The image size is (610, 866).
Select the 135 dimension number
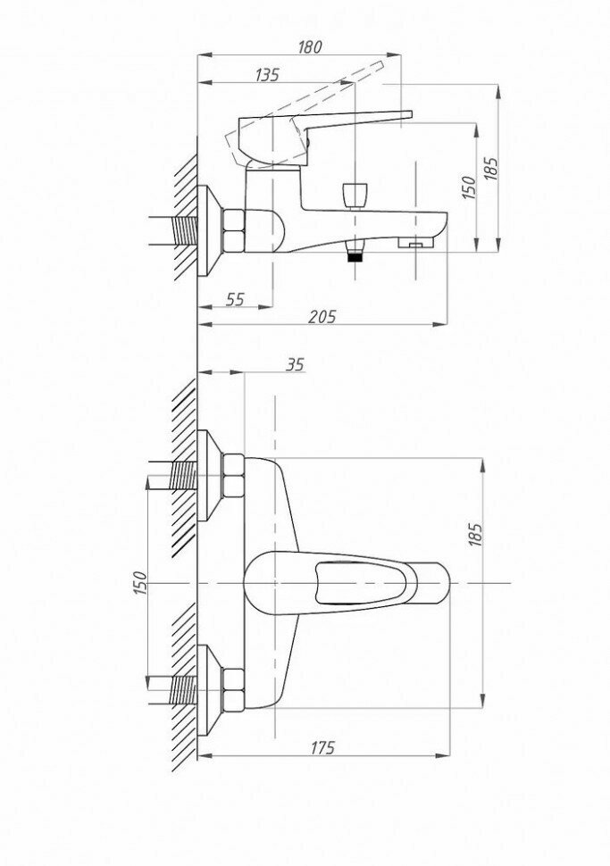pyautogui.click(x=266, y=75)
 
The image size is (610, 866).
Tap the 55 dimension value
pyautogui.click(x=235, y=300)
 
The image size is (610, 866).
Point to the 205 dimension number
pyautogui.click(x=322, y=317)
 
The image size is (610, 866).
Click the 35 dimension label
pyautogui.click(x=295, y=364)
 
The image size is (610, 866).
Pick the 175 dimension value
pyautogui.click(x=323, y=748)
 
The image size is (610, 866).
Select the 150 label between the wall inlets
pyautogui.click(x=139, y=582)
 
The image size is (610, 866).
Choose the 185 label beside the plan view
pyautogui.click(x=475, y=535)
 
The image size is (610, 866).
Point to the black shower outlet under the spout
pyautogui.click(x=355, y=254)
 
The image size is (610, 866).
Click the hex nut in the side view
pyautogui.click(x=234, y=229)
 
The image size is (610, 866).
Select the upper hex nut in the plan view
pyautogui.click(x=234, y=475)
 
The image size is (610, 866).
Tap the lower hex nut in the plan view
pyautogui.click(x=234, y=690)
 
